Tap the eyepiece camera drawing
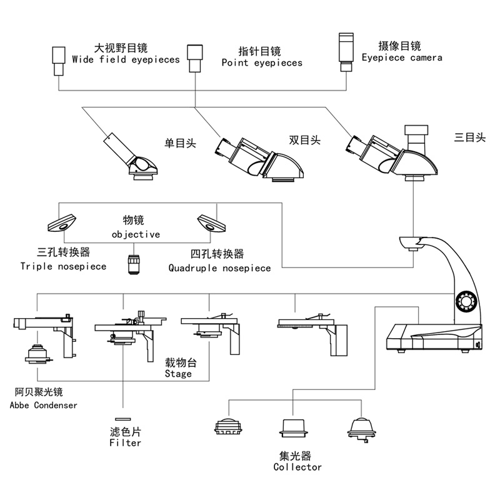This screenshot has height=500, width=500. tap(346, 48)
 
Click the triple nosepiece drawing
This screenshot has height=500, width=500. tap(62, 222)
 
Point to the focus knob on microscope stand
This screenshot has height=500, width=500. tap(466, 301)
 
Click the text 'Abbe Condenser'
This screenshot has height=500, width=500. tap(44, 405)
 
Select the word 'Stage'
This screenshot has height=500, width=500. tap(178, 374)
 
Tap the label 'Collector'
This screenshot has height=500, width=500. tap(297, 467)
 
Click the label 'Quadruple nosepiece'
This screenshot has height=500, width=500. tap(220, 268)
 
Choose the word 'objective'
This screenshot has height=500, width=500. tap(136, 234)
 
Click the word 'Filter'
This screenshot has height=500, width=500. tap(125, 442)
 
